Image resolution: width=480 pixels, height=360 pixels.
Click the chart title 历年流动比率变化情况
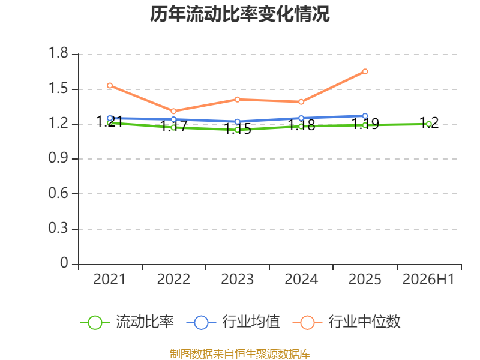coord(239,14)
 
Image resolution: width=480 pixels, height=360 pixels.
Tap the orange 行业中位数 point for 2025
coord(365,71)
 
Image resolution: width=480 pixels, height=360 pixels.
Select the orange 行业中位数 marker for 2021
coord(110,85)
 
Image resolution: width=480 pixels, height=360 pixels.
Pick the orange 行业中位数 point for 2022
coord(173,111)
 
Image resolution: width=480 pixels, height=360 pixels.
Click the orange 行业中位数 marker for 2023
coord(237,100)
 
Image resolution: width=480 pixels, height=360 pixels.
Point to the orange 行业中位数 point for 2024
coord(301,101)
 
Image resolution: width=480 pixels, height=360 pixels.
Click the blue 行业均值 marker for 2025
coord(365,116)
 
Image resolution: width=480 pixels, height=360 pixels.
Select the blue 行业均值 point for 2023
coord(237,122)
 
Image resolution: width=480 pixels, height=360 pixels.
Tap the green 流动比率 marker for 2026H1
coord(429,124)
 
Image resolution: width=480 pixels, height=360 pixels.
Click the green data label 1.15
coord(238,129)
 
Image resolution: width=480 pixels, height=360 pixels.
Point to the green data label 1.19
coord(365,124)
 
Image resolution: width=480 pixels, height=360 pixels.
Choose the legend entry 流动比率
coord(127,322)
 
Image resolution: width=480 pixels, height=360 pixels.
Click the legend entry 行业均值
coord(233,322)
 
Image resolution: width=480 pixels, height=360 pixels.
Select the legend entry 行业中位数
coord(347,322)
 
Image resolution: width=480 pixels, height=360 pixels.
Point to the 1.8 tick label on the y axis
coord(58,53)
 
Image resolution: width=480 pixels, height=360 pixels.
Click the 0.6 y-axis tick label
coord(58,193)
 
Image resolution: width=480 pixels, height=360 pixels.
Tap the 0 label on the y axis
coord(64,263)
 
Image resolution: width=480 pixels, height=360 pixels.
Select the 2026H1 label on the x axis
coord(428,280)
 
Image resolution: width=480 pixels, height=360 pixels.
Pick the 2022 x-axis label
coord(173,280)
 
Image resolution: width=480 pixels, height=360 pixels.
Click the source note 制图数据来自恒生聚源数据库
coord(240,354)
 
